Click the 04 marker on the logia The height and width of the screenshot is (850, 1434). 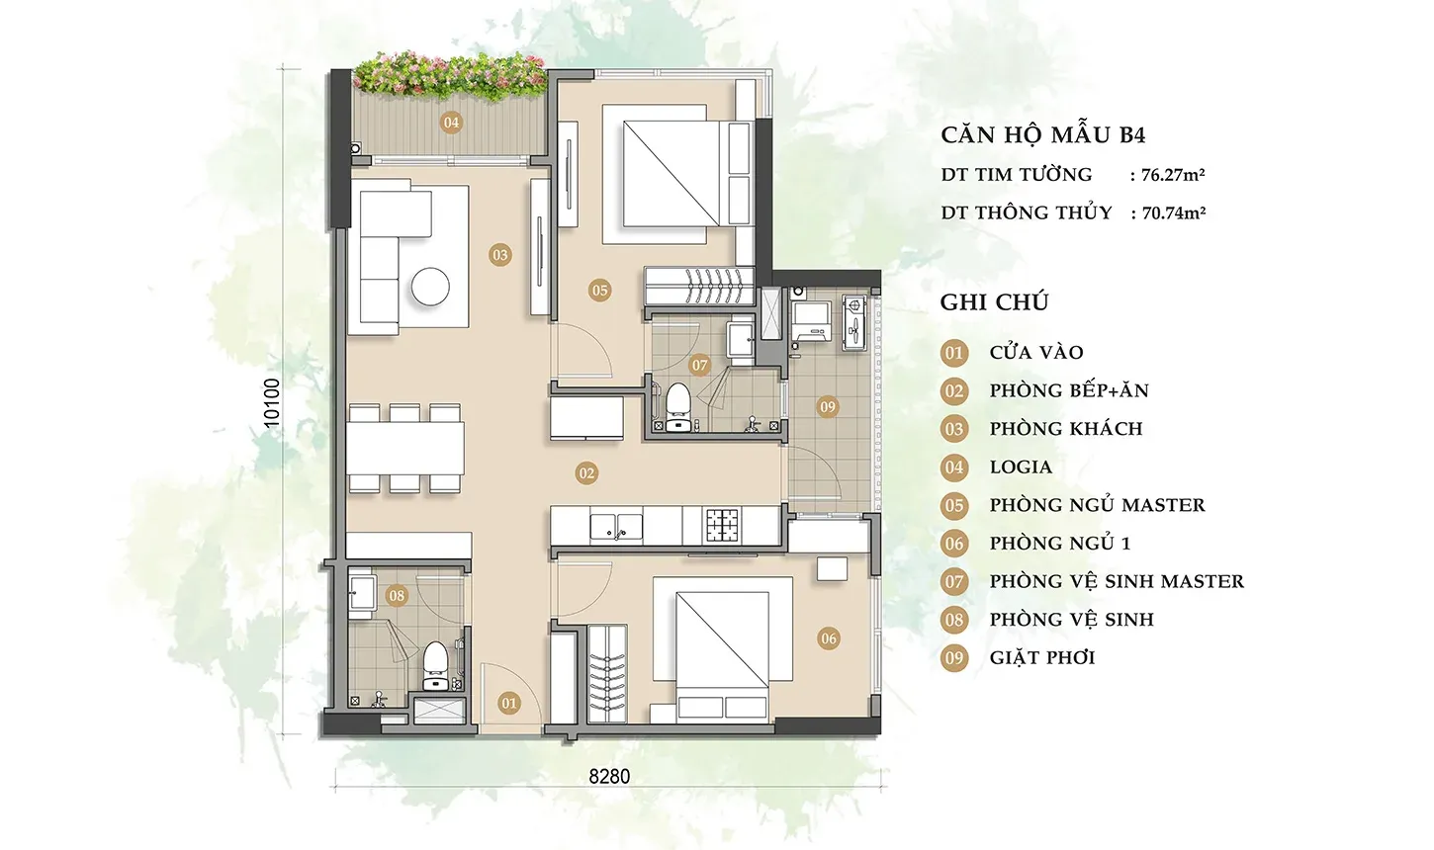click(451, 123)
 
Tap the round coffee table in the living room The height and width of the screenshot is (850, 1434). click(430, 286)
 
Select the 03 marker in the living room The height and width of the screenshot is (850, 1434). click(500, 255)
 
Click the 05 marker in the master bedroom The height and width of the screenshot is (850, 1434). click(600, 291)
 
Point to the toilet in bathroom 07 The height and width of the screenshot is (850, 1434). click(676, 407)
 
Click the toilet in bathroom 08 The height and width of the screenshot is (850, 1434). click(436, 666)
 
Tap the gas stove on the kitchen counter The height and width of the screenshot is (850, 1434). click(723, 525)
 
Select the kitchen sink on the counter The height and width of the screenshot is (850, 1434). click(616, 526)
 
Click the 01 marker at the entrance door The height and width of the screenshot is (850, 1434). click(509, 704)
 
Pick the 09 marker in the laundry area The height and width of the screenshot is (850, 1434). click(828, 407)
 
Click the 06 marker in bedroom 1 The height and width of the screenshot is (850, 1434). click(829, 638)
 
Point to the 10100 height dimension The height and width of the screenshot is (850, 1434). click(272, 403)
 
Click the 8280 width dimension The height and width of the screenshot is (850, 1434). click(609, 777)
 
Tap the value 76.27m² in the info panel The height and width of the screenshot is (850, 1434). click(1173, 175)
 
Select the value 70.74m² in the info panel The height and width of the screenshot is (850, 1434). click(1174, 212)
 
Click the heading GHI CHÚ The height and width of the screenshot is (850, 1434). click(994, 302)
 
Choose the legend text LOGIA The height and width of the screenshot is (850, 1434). click(1021, 467)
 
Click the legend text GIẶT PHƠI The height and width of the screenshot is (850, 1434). click(1042, 658)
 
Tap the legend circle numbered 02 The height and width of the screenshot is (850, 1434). click(954, 390)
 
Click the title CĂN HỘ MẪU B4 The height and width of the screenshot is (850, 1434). click(1043, 134)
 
